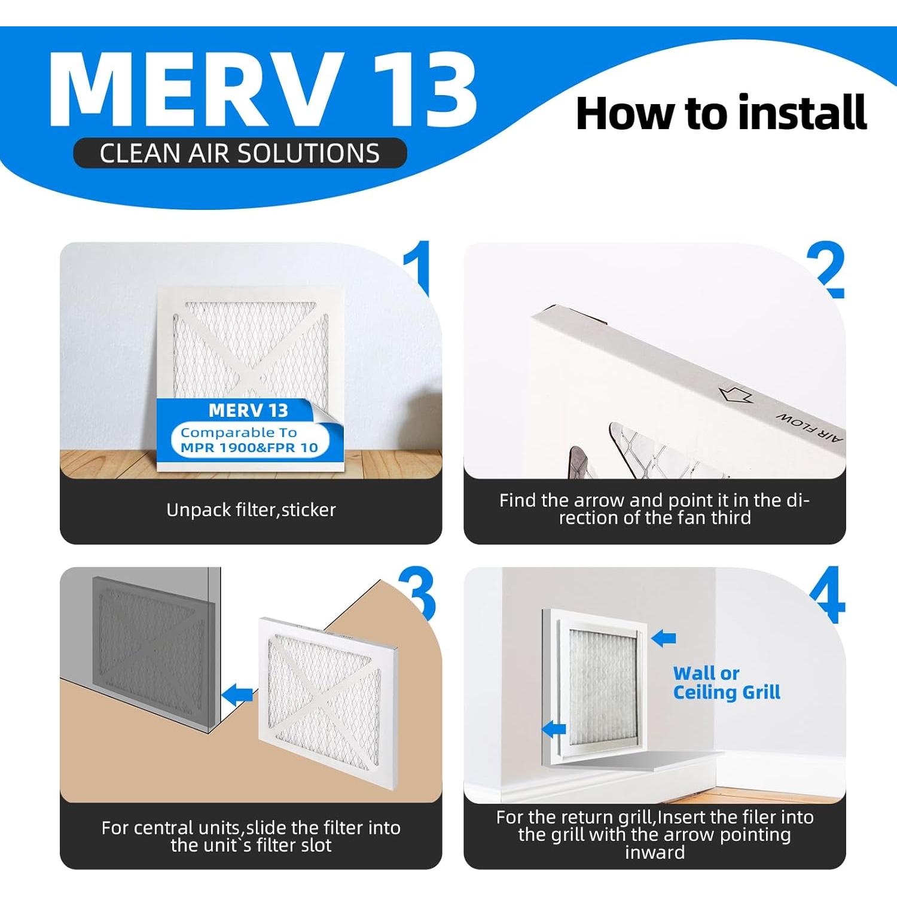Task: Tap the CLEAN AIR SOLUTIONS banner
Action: click(240, 153)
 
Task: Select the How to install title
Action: click(721, 113)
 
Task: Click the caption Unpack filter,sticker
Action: click(251, 510)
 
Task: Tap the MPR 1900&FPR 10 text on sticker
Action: click(249, 447)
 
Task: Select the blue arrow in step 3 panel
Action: click(237, 694)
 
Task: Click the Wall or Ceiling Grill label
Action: click(726, 683)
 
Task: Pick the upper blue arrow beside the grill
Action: click(663, 638)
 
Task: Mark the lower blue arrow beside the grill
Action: click(554, 728)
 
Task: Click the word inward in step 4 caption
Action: click(654, 852)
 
